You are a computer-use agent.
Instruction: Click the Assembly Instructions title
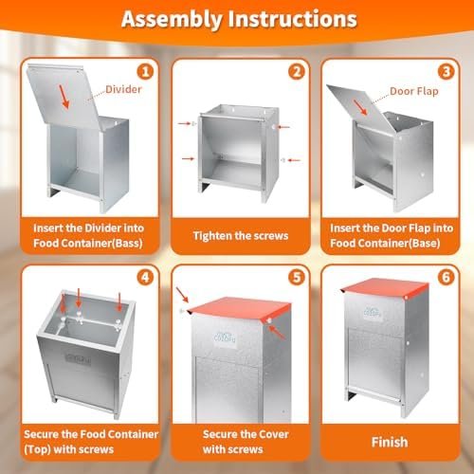pos(236,19)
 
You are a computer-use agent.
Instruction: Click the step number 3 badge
pos(446,70)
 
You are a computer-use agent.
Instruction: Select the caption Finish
pos(390,442)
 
